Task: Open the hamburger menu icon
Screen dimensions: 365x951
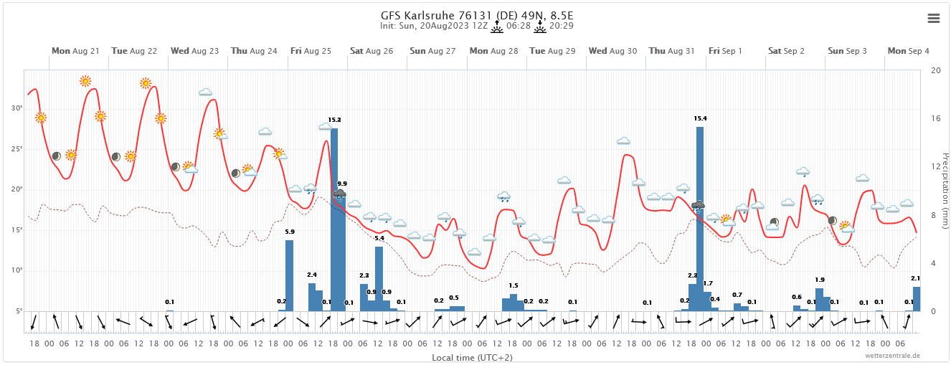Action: click(x=933, y=19)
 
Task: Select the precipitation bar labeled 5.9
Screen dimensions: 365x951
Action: click(x=289, y=275)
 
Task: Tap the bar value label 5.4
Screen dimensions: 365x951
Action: click(x=379, y=238)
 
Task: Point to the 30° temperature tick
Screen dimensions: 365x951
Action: click(x=16, y=108)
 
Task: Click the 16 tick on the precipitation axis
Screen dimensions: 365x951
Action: click(x=935, y=118)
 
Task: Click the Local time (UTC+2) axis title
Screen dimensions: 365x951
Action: click(x=472, y=357)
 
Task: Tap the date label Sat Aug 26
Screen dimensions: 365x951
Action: click(x=372, y=51)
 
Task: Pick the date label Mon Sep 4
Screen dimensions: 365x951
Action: click(x=908, y=51)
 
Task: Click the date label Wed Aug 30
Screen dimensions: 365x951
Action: click(x=612, y=51)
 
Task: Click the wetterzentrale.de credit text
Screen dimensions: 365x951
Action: click(x=892, y=356)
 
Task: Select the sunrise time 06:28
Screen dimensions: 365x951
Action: click(x=518, y=26)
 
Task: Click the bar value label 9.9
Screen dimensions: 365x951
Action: click(x=342, y=184)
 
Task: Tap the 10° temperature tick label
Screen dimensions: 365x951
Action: click(x=16, y=270)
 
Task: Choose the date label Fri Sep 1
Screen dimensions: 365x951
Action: click(x=725, y=51)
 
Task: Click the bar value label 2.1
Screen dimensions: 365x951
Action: click(x=915, y=278)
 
